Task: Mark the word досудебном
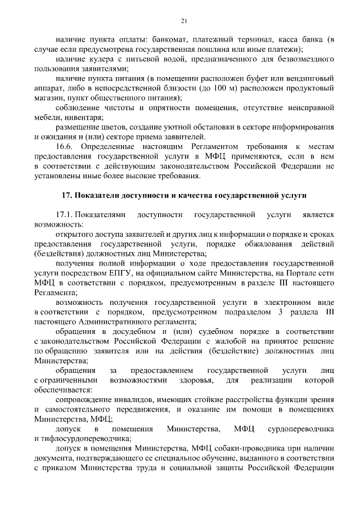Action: point(115,332)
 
